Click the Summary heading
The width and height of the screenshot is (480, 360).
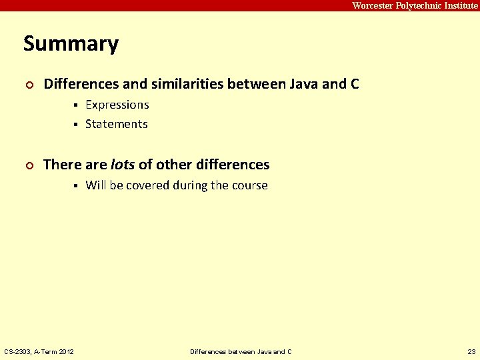[71, 44]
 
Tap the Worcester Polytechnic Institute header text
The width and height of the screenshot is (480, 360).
[415, 5]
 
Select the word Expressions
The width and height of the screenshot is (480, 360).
[117, 105]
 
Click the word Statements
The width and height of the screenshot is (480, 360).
[116, 124]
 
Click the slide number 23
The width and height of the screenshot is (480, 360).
[471, 351]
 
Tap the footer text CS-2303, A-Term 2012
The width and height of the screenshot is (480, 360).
[39, 351]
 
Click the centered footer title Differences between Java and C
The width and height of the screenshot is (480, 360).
[241, 351]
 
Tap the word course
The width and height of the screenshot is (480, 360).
[249, 185]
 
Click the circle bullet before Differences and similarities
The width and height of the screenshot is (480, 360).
[28, 85]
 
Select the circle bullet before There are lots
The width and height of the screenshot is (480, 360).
[28, 165]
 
